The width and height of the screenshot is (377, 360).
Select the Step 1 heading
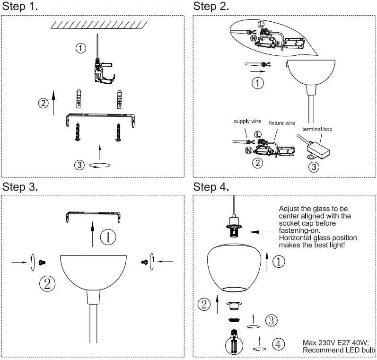[20, 7]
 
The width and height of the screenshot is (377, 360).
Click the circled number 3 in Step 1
[79, 165]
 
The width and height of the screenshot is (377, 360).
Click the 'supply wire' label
[247, 122]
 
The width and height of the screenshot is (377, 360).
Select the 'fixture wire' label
[282, 123]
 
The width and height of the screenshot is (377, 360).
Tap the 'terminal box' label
[317, 128]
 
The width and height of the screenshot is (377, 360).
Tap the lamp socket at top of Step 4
[234, 227]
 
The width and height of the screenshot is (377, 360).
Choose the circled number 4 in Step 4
[279, 344]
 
